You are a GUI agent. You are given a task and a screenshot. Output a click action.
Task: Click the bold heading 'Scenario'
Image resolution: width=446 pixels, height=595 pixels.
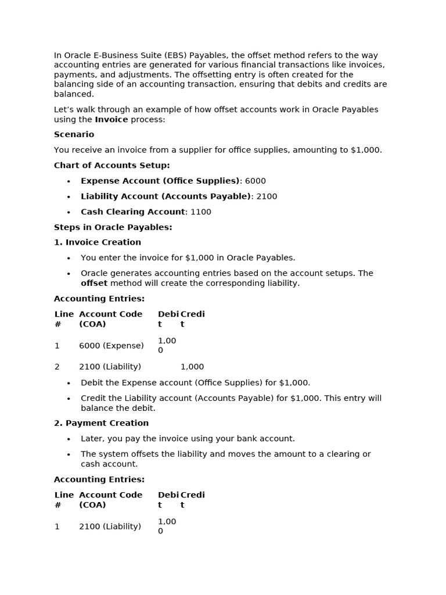74,134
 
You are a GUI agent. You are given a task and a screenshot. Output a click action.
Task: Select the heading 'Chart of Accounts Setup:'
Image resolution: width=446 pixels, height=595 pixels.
111,166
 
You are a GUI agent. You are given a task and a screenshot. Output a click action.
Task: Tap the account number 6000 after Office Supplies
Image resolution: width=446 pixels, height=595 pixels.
256,181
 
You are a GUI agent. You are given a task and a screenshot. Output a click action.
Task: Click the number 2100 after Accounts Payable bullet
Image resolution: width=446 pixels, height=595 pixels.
267,196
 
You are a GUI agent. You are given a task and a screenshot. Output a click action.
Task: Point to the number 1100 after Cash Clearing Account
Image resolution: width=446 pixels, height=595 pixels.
201,212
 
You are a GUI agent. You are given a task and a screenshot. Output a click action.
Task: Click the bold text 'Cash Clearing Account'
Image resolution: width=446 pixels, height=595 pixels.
133,212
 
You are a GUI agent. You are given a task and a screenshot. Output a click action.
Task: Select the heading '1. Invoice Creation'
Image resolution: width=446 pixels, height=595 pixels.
98,242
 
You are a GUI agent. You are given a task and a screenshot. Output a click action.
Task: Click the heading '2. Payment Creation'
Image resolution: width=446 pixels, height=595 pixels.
101,423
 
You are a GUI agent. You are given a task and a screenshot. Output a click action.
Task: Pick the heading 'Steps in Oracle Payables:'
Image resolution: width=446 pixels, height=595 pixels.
113,227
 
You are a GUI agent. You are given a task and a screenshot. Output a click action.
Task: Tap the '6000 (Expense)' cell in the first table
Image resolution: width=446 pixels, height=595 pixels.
111,346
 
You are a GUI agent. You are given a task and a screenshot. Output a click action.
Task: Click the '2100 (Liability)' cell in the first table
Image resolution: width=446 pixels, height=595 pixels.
110,367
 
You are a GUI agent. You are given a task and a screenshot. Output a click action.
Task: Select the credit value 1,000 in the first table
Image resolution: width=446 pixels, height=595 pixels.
192,367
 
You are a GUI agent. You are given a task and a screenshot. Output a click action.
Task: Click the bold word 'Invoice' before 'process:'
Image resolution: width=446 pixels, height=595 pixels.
111,120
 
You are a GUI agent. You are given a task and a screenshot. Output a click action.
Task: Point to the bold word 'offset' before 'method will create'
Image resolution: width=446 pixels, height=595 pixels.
94,284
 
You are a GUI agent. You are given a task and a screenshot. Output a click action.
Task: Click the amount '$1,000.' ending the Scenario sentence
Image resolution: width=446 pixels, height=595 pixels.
366,150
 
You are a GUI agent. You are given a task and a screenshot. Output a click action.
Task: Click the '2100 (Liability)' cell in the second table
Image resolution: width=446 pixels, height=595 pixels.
110,526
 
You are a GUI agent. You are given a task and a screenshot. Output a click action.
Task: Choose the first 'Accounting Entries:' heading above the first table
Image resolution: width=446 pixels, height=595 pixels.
99,299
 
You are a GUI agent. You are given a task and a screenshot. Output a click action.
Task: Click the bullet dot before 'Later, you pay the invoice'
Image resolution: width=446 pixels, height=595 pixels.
69,439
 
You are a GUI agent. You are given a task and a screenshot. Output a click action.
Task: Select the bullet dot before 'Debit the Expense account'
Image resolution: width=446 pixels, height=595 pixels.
69,383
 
